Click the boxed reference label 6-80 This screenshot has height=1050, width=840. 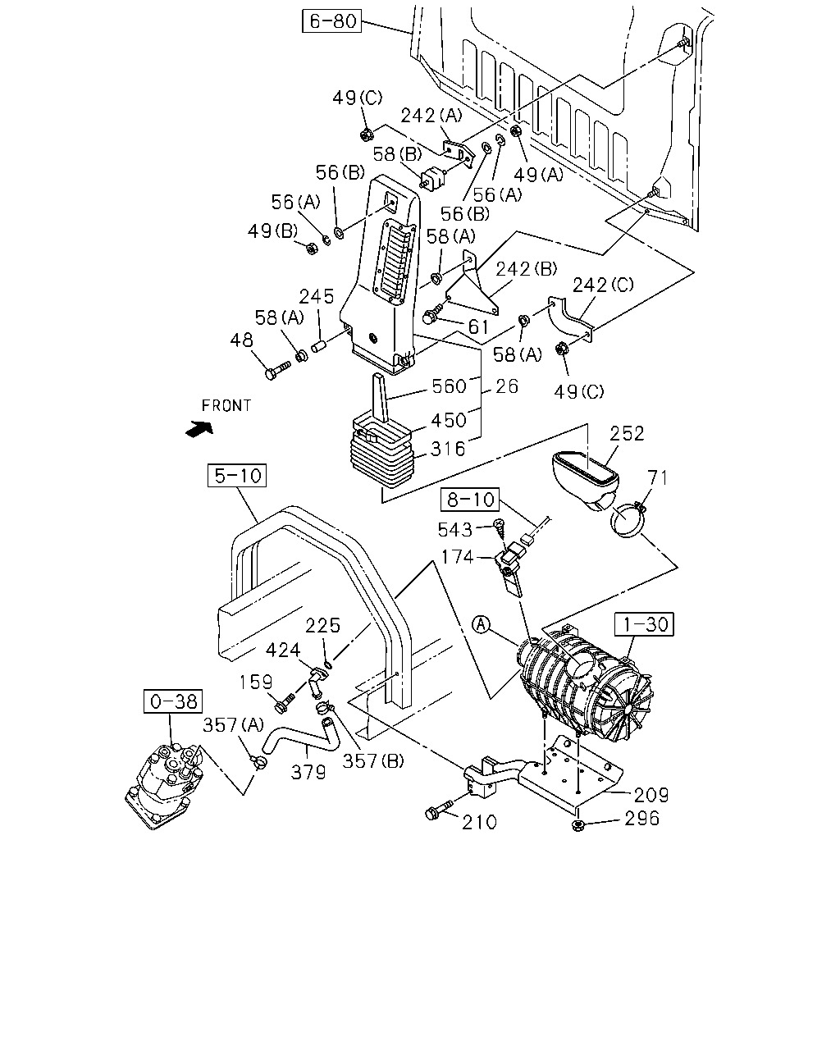(x=331, y=21)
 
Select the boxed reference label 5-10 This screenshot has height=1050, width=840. (x=237, y=475)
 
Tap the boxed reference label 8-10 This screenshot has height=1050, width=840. (x=470, y=499)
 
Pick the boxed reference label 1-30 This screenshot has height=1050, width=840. (x=644, y=624)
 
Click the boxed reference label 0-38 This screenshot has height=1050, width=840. (x=173, y=701)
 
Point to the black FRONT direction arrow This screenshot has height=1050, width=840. (x=199, y=428)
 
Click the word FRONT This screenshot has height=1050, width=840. (x=226, y=405)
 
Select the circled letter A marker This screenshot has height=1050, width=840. (x=482, y=624)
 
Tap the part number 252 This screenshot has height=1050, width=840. (x=627, y=433)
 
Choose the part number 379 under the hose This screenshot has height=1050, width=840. (x=308, y=771)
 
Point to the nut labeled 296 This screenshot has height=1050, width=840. (x=577, y=825)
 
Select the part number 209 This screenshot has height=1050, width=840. (x=651, y=795)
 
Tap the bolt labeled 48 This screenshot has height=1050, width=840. (x=278, y=370)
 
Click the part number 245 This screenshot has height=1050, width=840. (x=317, y=296)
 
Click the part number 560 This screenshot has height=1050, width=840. (x=449, y=386)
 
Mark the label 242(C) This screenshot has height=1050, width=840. (x=603, y=285)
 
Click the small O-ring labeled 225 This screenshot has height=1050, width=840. (x=328, y=664)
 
